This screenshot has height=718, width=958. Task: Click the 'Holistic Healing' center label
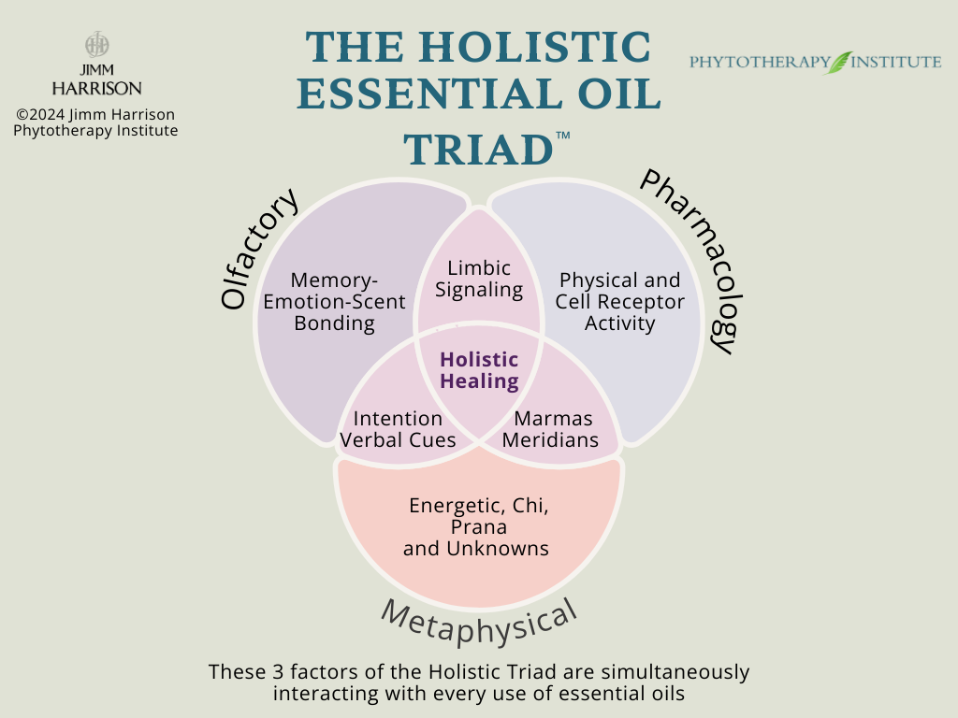(x=479, y=370)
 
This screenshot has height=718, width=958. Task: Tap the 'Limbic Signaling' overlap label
(x=479, y=279)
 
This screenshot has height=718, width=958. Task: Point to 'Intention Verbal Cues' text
(x=399, y=429)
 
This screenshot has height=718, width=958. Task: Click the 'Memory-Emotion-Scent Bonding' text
(x=335, y=301)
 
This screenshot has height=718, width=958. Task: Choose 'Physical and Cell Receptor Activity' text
(x=619, y=301)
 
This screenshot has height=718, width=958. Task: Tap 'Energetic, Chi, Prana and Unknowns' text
(x=477, y=526)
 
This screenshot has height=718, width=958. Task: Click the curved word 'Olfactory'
(x=259, y=248)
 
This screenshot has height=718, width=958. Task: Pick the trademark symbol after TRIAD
(x=562, y=136)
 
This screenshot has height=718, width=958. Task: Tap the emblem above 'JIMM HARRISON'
(x=96, y=45)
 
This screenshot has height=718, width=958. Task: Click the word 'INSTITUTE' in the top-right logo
(x=898, y=63)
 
